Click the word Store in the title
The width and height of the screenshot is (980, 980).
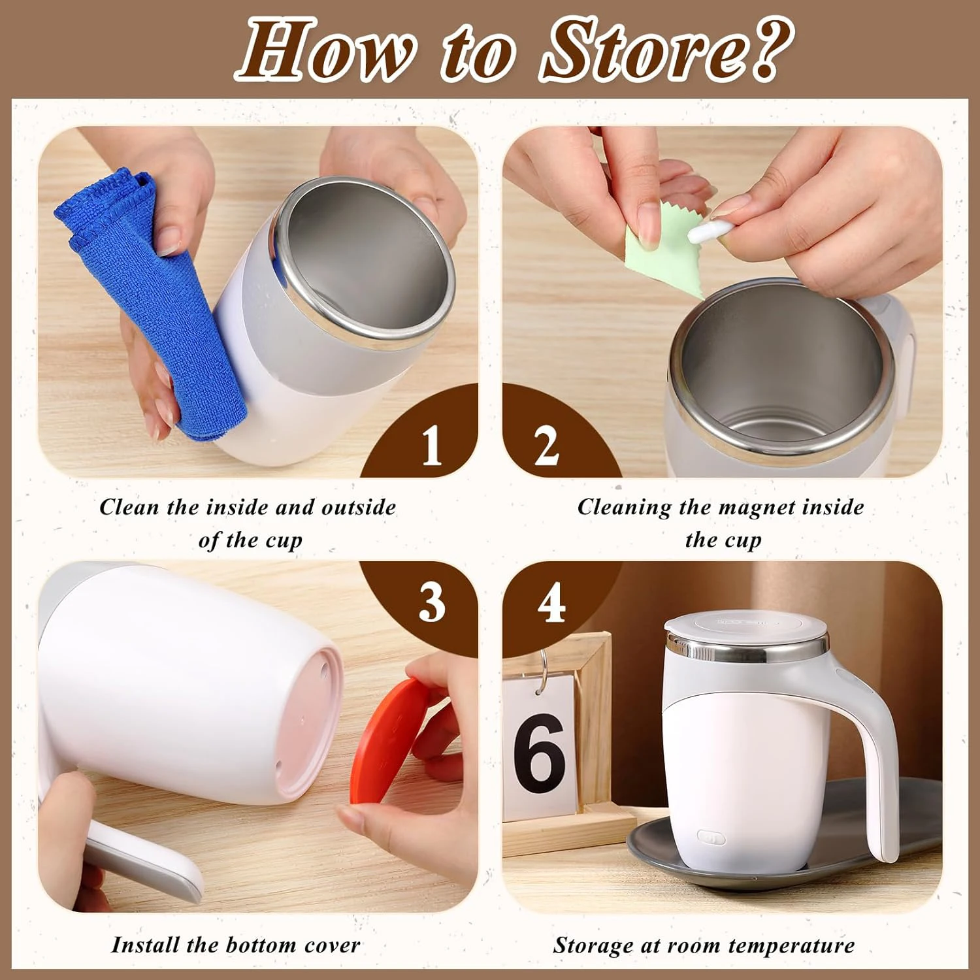643,51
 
